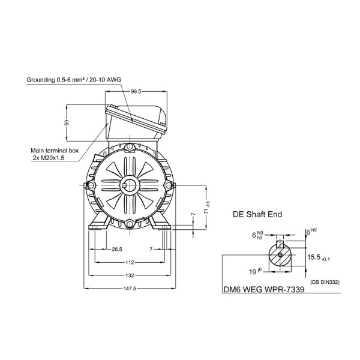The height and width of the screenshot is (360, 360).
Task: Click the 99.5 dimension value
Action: coord(136,92)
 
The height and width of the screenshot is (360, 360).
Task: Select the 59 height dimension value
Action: coord(67,122)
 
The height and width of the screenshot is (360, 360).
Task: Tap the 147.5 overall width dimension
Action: coord(130,289)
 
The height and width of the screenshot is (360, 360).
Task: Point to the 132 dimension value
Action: coord(130,275)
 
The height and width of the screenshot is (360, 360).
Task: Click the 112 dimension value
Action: coord(130,262)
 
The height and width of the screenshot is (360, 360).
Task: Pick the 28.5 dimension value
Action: coord(117,250)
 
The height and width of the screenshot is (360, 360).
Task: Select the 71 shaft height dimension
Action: coord(208,208)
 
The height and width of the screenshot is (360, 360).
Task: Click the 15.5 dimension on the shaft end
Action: coord(319,257)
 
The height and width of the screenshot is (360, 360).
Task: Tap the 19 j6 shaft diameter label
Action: coord(255,271)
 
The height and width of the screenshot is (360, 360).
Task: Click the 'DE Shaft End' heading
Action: coord(257,214)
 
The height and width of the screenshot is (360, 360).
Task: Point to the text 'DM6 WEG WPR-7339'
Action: coord(264,290)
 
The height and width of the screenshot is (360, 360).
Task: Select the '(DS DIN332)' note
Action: coord(325,282)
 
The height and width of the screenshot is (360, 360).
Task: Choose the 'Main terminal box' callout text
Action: coord(55,151)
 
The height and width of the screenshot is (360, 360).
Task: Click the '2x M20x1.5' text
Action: coord(49,158)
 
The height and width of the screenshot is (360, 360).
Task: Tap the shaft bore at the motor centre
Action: coord(130,185)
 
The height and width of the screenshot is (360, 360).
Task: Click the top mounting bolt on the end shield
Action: coord(130,147)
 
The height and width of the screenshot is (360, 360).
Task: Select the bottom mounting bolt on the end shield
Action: coord(130,223)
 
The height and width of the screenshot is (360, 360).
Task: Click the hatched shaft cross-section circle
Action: coord(280,255)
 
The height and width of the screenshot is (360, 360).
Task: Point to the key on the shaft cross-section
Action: coord(280,245)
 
